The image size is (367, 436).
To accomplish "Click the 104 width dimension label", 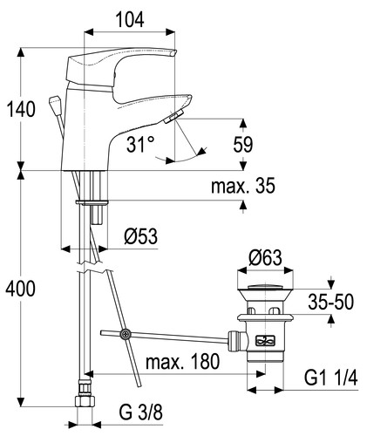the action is pyautogui.click(x=130, y=20).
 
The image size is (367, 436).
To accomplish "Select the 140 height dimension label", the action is pyautogui.click(x=21, y=109).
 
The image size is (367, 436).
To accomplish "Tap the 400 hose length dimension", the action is pyautogui.click(x=21, y=289).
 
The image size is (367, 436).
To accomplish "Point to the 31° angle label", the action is pyautogui.click(x=140, y=144).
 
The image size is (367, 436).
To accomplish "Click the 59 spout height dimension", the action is pyautogui.click(x=243, y=144).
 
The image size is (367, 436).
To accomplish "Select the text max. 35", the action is pyautogui.click(x=243, y=186).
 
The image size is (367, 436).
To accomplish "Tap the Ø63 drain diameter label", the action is pyautogui.click(x=265, y=257).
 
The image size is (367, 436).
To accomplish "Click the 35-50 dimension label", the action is pyautogui.click(x=331, y=302).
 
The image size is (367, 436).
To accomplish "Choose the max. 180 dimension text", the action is pyautogui.click(x=182, y=362).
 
